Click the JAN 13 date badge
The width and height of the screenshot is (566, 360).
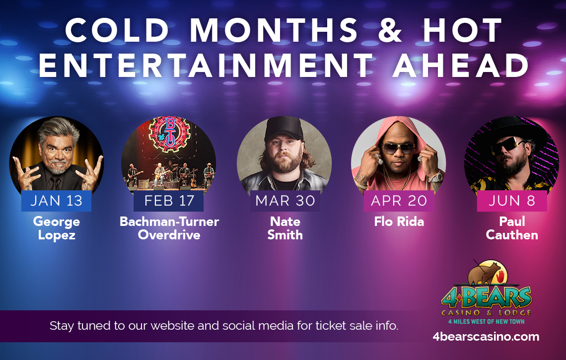(56, 201)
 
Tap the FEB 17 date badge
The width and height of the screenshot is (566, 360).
(168, 201)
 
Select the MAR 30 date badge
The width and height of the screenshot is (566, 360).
(285, 201)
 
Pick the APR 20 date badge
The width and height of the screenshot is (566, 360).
(399, 201)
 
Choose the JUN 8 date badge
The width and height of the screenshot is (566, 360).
(512, 201)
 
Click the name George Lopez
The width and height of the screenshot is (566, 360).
(57, 228)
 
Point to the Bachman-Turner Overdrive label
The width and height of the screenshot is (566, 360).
(169, 228)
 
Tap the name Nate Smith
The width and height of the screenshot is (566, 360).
(285, 228)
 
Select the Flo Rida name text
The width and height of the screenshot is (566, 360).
(399, 221)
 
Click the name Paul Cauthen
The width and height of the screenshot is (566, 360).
(512, 228)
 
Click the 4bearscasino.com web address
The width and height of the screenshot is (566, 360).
(486, 337)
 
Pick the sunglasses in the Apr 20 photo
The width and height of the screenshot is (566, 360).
(398, 148)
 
